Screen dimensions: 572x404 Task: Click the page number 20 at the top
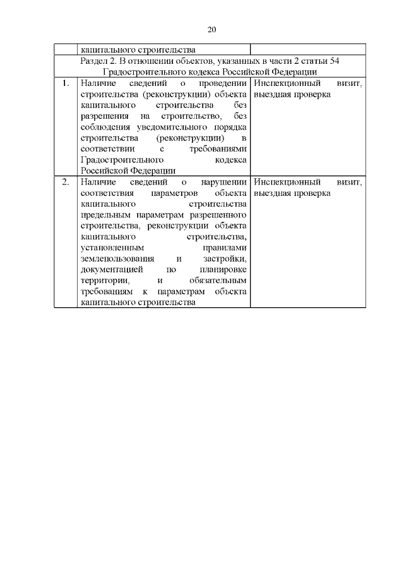tap(211, 29)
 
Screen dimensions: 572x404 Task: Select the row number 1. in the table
tap(65, 83)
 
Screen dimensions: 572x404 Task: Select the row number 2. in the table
tap(65, 182)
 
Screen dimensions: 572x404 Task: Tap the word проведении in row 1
tap(221, 83)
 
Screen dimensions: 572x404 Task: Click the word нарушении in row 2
tap(223, 182)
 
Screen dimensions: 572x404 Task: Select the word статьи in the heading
tap(310, 61)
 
